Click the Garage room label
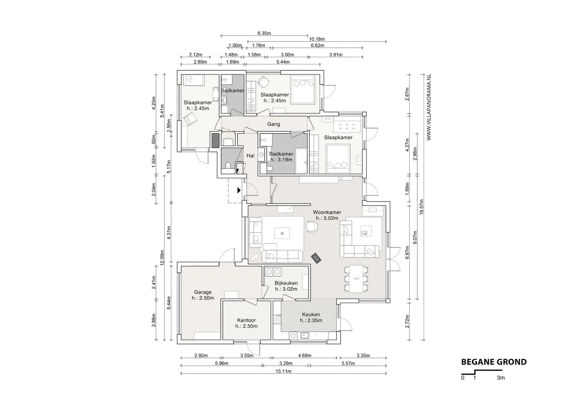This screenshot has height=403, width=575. point(203,292)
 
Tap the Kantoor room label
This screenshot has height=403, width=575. point(246,320)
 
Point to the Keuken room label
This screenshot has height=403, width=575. point(311,314)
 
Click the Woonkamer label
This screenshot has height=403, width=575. point(327,212)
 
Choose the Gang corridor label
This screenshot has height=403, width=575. point(274,124)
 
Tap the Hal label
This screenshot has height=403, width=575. point(250,156)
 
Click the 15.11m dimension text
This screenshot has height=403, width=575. point(284,371)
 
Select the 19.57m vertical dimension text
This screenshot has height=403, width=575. point(421,207)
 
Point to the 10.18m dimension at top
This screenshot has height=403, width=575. point(317,39)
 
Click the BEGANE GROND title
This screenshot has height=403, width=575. point(494,362)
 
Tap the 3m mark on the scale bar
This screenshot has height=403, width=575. point(501,378)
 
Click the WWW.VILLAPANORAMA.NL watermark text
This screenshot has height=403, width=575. point(429,107)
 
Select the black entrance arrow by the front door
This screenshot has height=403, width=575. point(239,190)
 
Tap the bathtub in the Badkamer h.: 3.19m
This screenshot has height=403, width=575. point(301,161)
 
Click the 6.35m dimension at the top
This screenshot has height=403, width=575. point(264,33)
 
